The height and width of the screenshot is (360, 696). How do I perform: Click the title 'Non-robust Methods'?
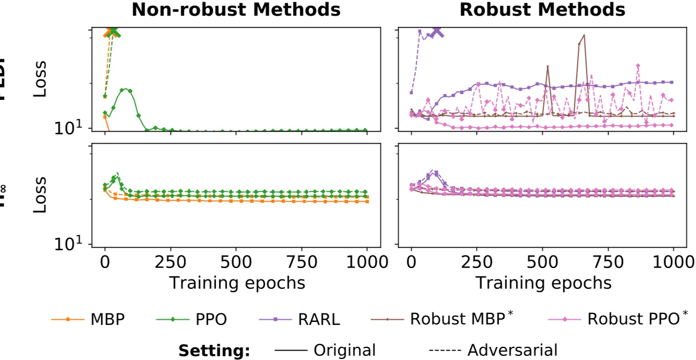[x=236, y=9]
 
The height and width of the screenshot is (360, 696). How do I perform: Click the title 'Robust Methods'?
[x=542, y=9]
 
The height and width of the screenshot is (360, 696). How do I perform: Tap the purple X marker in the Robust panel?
[x=438, y=31]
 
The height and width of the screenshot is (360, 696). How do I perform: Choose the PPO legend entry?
[x=192, y=319]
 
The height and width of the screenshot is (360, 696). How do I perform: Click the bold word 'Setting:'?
[x=214, y=350]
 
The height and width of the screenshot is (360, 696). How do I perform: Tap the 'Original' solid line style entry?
[x=324, y=350]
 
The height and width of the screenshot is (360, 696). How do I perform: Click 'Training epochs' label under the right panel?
[x=543, y=283]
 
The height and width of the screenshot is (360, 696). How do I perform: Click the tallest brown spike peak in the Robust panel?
[x=584, y=36]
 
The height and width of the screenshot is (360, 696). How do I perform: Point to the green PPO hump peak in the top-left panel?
[x=126, y=89]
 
